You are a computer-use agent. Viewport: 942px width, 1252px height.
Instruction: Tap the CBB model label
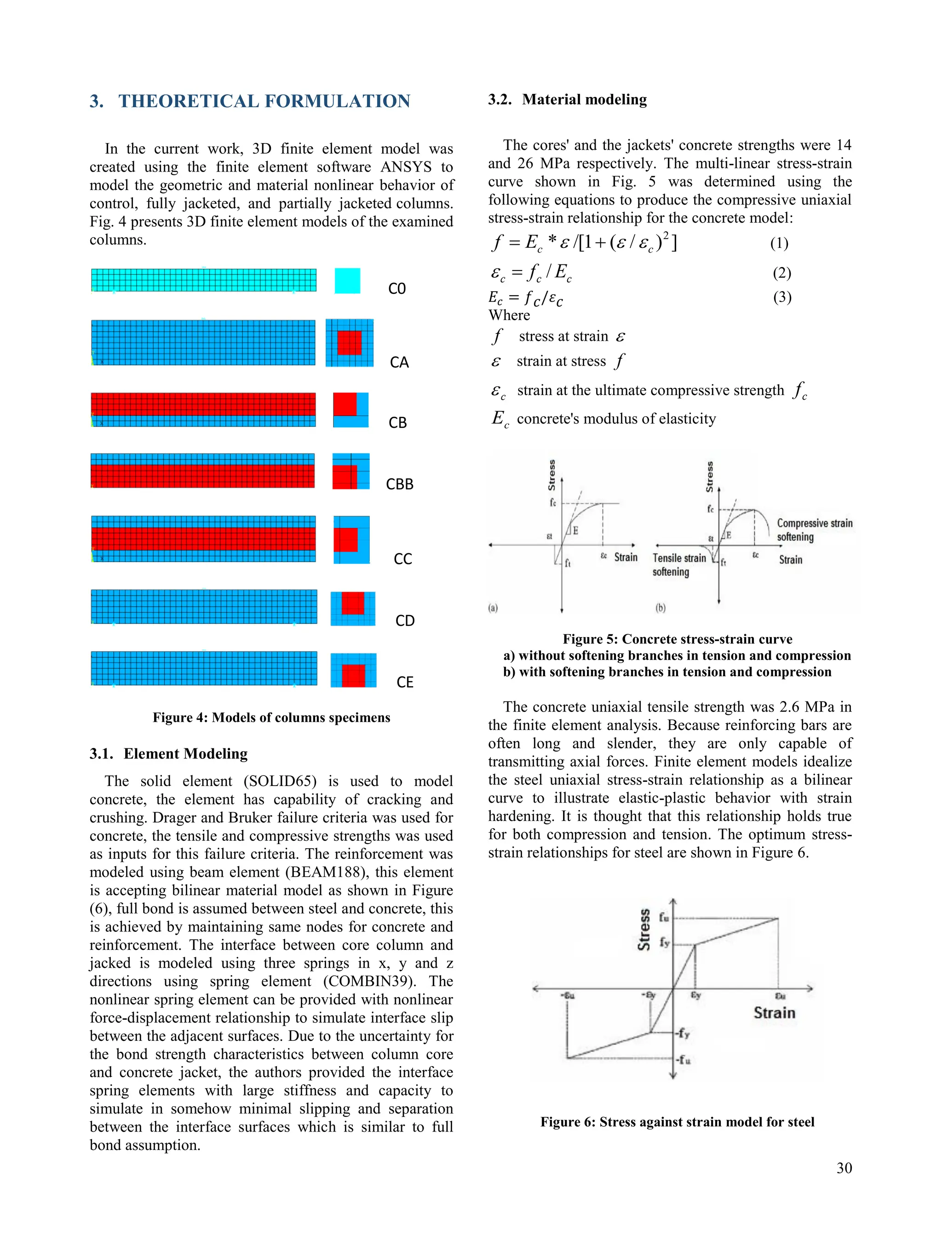pyautogui.click(x=400, y=484)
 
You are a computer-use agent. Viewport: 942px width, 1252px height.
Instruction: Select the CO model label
pyautogui.click(x=397, y=289)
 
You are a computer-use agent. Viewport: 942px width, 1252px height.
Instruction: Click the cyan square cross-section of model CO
pyautogui.click(x=347, y=281)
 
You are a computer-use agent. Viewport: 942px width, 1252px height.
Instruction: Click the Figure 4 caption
pyautogui.click(x=271, y=718)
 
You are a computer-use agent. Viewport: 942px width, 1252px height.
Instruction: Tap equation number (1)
pyautogui.click(x=779, y=243)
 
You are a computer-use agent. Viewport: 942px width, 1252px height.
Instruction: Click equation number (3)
pyautogui.click(x=782, y=297)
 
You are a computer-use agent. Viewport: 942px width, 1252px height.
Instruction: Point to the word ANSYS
pyautogui.click(x=404, y=167)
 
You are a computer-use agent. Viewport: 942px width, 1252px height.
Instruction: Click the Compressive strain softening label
pyautogui.click(x=814, y=530)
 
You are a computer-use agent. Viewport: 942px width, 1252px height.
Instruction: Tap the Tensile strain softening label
pyautogui.click(x=679, y=565)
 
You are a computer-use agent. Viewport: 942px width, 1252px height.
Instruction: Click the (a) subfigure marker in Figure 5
pyautogui.click(x=493, y=608)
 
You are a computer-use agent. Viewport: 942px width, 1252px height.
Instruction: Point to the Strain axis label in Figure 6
pyautogui.click(x=774, y=1012)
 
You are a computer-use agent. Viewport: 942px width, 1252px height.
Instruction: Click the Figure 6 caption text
pyautogui.click(x=677, y=1122)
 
